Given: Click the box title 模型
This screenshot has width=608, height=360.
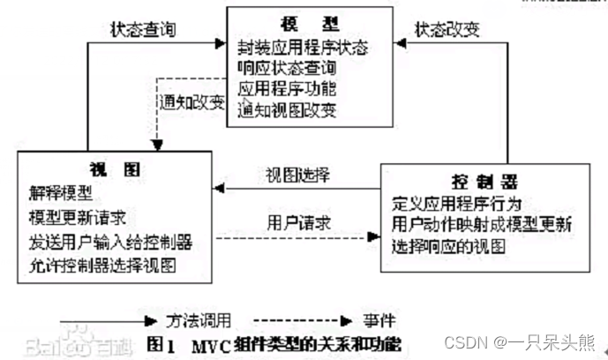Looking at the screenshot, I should [287, 23].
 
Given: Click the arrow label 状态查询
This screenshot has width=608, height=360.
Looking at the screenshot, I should [144, 29].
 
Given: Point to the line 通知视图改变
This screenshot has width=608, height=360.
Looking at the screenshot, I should [287, 111].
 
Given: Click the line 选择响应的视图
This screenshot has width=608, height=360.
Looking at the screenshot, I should [448, 247].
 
